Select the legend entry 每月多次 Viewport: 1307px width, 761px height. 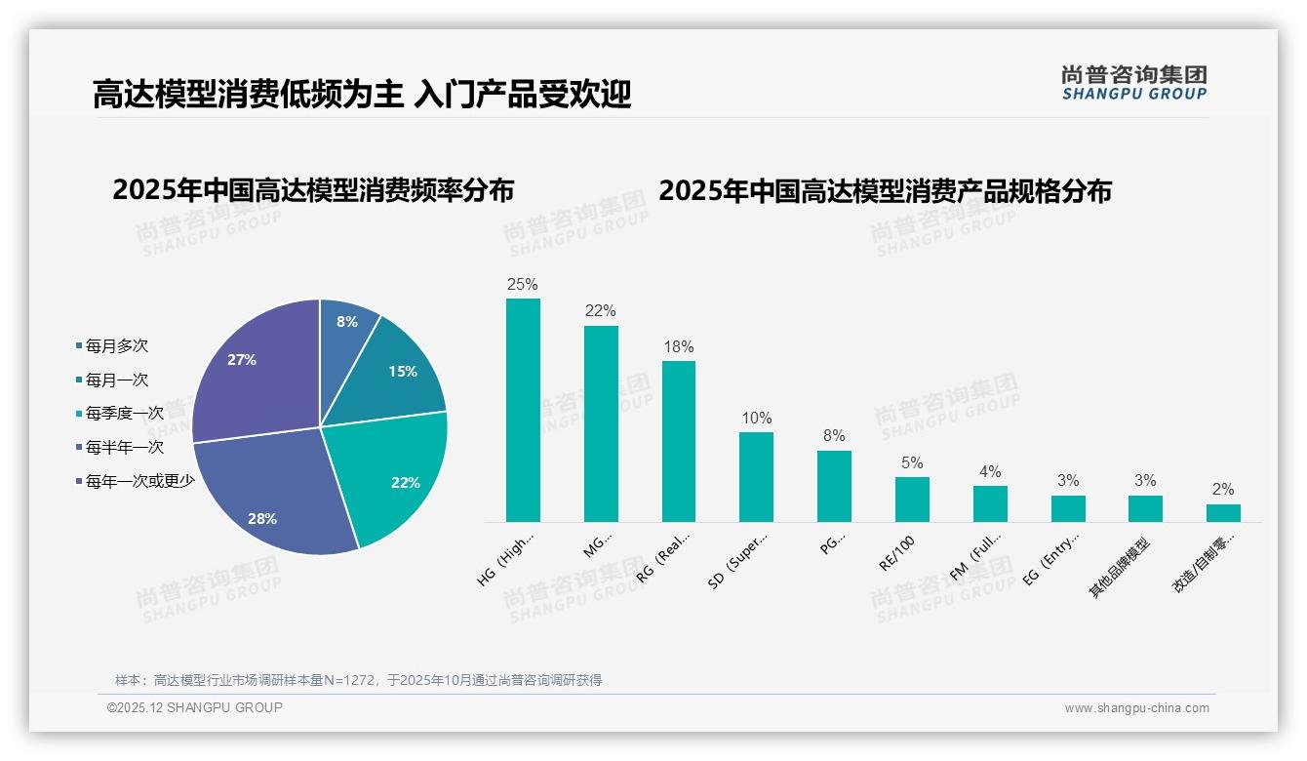116,346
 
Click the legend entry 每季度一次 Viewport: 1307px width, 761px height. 124,414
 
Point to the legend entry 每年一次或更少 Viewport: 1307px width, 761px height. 139,481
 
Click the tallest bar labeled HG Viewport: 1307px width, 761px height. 523,410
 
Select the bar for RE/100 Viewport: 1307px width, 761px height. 912,500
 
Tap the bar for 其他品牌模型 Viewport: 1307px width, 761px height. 1145,508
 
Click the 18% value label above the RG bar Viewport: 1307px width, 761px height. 679,347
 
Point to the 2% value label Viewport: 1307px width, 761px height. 1223,490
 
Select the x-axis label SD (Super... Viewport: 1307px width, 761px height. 738,561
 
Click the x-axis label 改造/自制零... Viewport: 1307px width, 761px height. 1203,565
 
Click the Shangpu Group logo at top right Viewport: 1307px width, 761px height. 1133,83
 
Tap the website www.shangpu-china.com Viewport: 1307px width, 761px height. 1136,708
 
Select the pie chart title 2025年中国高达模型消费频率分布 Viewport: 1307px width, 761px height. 313,190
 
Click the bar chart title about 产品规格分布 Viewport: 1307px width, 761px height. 885,191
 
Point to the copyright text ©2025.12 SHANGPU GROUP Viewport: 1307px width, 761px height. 195,707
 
